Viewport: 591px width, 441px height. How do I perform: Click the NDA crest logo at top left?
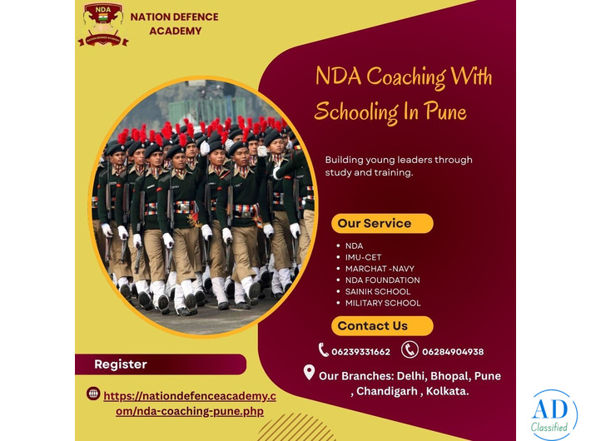102,23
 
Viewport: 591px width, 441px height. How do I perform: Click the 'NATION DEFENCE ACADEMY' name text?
174,23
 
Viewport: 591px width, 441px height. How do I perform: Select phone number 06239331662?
361,352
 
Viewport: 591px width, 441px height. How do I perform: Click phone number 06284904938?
452,352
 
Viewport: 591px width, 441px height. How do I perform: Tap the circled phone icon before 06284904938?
410,350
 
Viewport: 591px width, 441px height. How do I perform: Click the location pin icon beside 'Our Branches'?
309,374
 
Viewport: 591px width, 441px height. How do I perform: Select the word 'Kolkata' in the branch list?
446,391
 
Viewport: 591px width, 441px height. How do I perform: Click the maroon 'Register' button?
160,364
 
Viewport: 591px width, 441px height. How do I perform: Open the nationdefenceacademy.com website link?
190,404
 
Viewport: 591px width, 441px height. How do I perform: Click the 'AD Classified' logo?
549,414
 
